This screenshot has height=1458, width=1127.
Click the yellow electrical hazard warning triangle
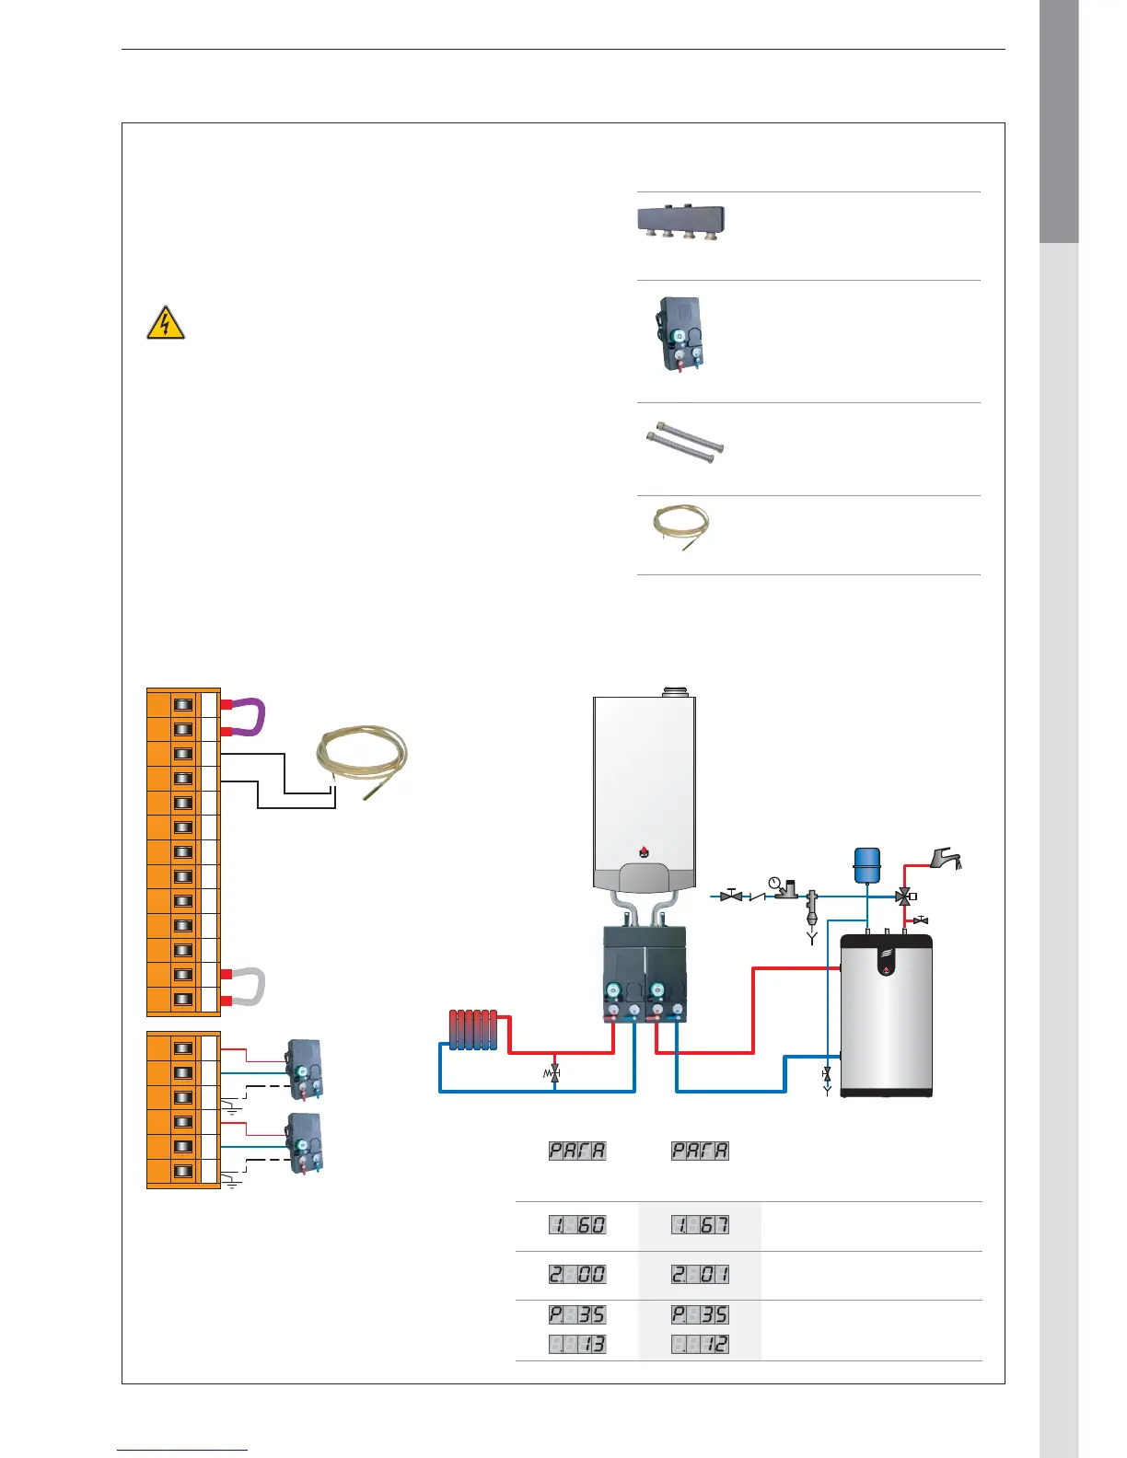[165, 323]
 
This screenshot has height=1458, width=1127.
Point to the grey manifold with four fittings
[681, 221]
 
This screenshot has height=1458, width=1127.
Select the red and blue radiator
[473, 1029]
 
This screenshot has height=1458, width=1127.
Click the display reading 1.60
[577, 1225]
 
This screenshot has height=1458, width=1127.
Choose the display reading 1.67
[700, 1225]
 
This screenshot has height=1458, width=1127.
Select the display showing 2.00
[577, 1275]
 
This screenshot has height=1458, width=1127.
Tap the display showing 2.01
[700, 1275]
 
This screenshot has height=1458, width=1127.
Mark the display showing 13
[577, 1345]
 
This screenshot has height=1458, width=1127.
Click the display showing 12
[700, 1345]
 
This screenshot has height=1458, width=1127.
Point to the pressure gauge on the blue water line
[774, 885]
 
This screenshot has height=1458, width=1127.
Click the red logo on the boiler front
[644, 850]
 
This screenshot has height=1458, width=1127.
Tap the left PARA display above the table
[577, 1151]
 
